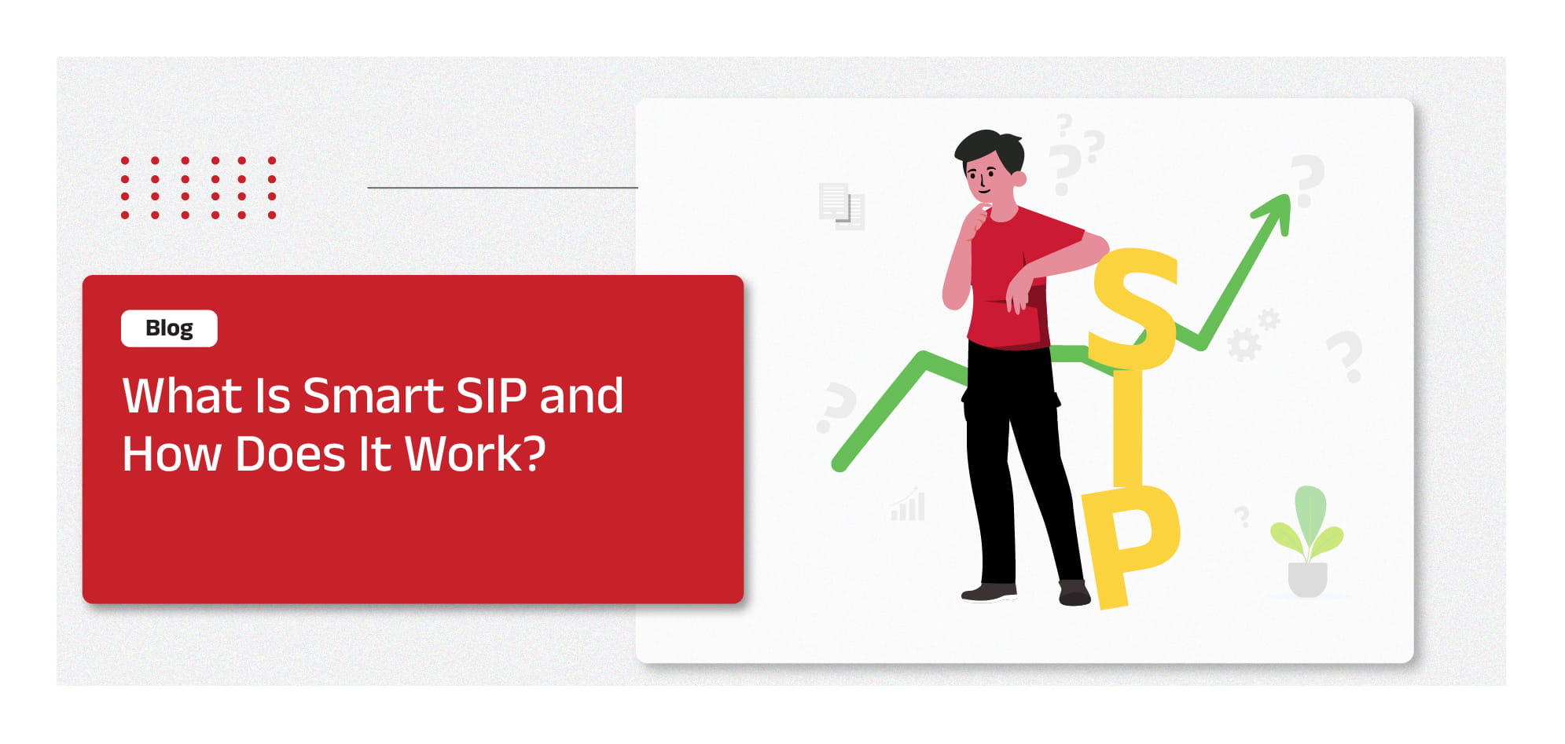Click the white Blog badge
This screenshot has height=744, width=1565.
(x=169, y=328)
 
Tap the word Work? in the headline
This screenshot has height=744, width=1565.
(x=475, y=454)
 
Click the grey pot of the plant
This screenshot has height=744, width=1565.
(x=1307, y=580)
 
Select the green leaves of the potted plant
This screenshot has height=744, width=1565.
(x=1307, y=522)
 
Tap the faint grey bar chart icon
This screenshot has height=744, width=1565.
(x=908, y=505)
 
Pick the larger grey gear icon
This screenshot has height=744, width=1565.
(x=1243, y=344)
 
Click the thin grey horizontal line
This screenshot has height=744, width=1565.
(x=502, y=188)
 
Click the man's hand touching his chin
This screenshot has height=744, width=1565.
(x=977, y=218)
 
